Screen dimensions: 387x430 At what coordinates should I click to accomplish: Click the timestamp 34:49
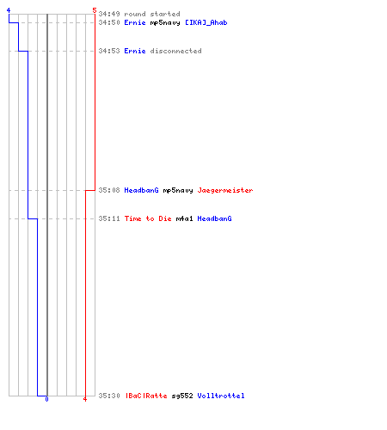click(x=109, y=14)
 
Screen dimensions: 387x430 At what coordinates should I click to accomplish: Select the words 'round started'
click(x=152, y=14)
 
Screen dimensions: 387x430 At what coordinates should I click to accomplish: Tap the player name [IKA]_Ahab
click(x=206, y=22)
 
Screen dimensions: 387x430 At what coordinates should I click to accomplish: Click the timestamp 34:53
click(x=109, y=51)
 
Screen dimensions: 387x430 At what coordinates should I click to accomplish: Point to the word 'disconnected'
click(x=175, y=51)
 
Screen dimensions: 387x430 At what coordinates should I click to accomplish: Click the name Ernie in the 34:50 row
click(x=135, y=22)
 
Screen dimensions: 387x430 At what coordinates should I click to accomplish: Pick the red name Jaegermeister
click(x=225, y=190)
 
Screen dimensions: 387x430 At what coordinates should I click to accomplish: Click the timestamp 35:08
click(x=109, y=190)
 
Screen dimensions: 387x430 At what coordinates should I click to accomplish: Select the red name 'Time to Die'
click(x=148, y=218)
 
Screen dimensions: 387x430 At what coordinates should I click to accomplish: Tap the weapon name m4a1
click(x=184, y=218)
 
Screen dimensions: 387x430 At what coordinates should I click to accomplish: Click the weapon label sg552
click(x=182, y=396)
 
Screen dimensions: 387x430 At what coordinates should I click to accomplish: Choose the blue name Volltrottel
click(x=221, y=396)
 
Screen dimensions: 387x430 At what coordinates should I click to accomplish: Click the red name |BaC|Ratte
click(x=146, y=396)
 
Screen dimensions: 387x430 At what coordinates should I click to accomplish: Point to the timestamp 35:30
click(x=109, y=396)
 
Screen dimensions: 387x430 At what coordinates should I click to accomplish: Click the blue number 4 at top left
click(x=9, y=10)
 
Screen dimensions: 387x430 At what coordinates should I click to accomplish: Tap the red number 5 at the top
click(x=95, y=10)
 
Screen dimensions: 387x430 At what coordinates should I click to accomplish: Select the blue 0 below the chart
click(x=46, y=399)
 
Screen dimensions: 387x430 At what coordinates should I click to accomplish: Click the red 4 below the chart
click(x=85, y=399)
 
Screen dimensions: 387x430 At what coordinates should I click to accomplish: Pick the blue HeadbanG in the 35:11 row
click(x=214, y=218)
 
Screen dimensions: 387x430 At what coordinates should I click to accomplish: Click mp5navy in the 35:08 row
click(x=178, y=190)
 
